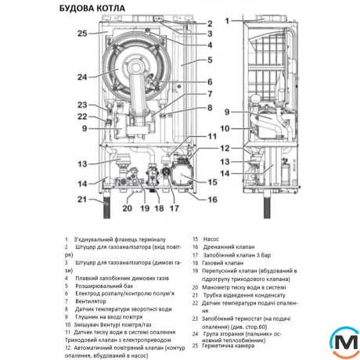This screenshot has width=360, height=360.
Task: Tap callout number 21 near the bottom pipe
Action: pyautogui.click(x=81, y=201)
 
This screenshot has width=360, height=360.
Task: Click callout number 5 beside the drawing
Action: pyautogui.click(x=209, y=59)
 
